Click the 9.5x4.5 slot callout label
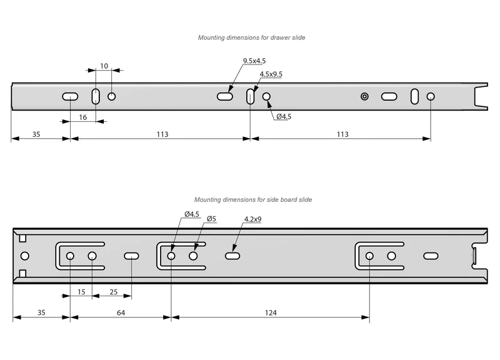[x=254, y=61]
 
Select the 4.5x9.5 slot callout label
[x=271, y=74]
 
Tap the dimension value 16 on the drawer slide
[x=83, y=117]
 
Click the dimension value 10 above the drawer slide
[x=104, y=66]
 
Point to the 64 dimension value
[x=121, y=312]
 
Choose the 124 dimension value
[x=271, y=312]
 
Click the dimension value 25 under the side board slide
[x=114, y=292]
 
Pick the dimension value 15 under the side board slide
[x=81, y=292]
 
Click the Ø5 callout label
[x=211, y=219]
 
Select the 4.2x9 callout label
[x=252, y=219]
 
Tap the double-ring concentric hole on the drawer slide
[x=364, y=96]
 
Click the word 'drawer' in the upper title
[x=280, y=37]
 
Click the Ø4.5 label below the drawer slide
[x=284, y=116]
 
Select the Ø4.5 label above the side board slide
[x=192, y=214]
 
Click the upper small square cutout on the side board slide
[x=22, y=239]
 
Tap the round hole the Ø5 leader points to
[x=193, y=256]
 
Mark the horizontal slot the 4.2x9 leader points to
[x=232, y=256]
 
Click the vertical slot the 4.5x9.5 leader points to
[x=251, y=96]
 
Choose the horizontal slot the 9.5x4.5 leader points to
[x=225, y=96]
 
